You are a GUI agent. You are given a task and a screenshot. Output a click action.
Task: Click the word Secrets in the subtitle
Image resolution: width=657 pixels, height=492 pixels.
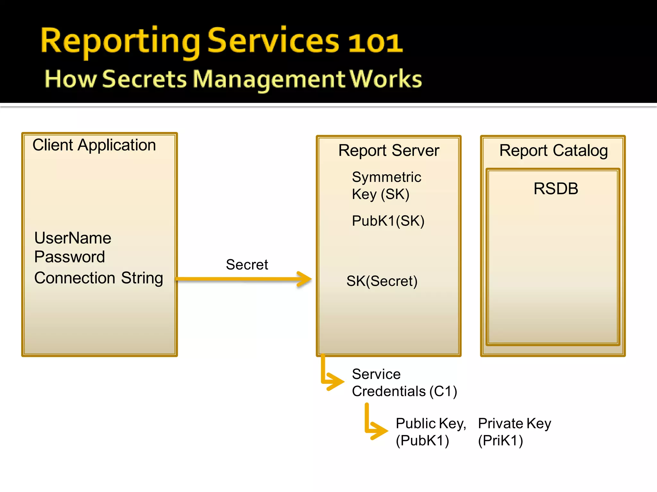[x=144, y=79]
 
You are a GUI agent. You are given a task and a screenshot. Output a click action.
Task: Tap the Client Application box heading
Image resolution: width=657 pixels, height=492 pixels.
[x=94, y=145]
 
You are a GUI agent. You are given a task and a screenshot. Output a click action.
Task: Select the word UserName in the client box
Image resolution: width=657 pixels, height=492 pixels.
[x=73, y=238]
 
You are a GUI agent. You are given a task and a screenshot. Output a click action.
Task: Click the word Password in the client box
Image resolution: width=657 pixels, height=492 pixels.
[x=70, y=257]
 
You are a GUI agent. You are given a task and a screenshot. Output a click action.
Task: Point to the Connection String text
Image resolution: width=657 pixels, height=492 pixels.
[x=98, y=278]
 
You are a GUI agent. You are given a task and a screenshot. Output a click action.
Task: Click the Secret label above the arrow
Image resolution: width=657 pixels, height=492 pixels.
[x=247, y=265]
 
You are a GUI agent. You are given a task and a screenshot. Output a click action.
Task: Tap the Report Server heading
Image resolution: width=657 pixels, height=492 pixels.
[x=388, y=151]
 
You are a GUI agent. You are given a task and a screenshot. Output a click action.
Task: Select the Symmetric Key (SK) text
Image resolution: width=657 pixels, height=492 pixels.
[x=386, y=185]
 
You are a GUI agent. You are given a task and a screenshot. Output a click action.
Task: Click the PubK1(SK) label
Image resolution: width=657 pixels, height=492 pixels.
[x=388, y=221]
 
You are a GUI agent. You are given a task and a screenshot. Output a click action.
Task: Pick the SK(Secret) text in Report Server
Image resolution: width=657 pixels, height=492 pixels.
[x=382, y=281]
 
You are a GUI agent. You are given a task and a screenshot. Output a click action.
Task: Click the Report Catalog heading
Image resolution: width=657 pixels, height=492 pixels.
[x=553, y=151]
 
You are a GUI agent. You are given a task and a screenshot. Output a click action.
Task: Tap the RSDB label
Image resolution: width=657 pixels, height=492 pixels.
[x=556, y=188]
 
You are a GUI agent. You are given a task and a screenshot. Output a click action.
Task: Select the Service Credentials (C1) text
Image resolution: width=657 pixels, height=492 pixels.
[x=404, y=383]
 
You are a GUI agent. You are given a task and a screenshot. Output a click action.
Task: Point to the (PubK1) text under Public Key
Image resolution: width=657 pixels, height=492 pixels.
[x=422, y=441]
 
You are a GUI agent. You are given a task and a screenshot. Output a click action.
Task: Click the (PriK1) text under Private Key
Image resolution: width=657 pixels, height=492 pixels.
[x=500, y=441]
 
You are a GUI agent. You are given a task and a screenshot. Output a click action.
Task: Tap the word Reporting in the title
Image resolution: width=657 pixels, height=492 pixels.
[x=120, y=42]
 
